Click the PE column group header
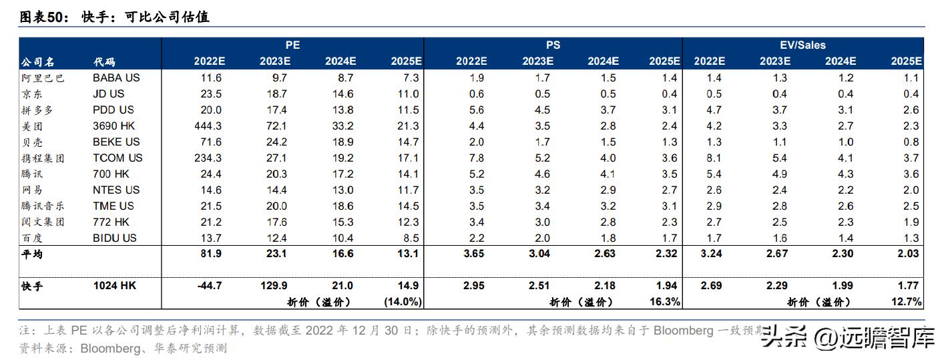coord(292,45)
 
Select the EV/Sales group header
coord(802,45)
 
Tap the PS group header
coord(553,45)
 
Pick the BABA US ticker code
coord(116,77)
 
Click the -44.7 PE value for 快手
coord(210,285)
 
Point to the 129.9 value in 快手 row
coord(274,285)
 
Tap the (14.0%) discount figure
coord(403,301)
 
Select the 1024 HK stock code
coord(115,285)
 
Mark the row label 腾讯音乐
coord(43,206)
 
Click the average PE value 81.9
coord(212,254)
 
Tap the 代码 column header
coord(104,61)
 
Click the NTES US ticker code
coord(116,190)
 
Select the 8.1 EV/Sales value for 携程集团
coord(713,158)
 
